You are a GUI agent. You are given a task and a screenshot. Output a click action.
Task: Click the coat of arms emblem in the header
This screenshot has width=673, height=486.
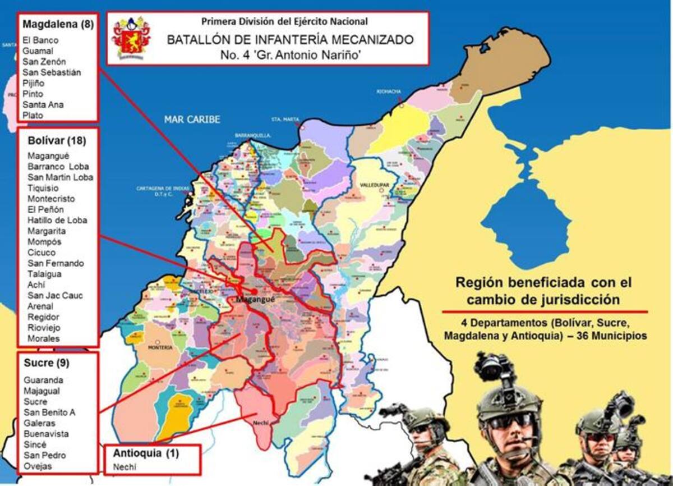(x=131, y=37)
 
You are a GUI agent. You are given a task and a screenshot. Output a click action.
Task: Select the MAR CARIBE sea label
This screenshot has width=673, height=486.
(x=192, y=120)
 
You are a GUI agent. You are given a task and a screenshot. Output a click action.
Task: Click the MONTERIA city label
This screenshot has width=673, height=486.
(x=159, y=347)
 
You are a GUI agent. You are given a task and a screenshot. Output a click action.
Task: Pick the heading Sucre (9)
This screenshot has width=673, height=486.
(x=46, y=363)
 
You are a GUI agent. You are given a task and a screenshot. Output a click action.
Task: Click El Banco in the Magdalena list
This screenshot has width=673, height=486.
(x=40, y=40)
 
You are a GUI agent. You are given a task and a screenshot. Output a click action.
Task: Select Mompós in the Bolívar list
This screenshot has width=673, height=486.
(x=44, y=242)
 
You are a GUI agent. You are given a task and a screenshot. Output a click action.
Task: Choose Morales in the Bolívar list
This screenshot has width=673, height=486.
(x=43, y=338)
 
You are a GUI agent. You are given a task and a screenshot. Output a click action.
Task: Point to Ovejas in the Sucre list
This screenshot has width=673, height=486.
(x=38, y=466)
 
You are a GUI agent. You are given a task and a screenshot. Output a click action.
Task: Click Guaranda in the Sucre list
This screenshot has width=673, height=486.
(x=43, y=380)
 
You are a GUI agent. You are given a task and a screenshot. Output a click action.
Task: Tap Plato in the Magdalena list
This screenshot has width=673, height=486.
(x=33, y=115)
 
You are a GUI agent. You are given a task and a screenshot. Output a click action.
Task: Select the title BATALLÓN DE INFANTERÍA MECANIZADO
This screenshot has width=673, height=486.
(x=290, y=40)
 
